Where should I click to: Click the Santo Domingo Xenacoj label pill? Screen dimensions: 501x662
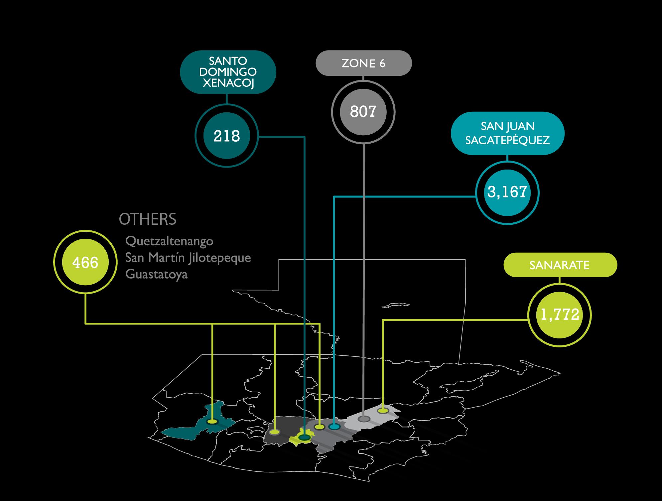coord(228,72)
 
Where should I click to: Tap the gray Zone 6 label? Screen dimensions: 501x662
coord(363,63)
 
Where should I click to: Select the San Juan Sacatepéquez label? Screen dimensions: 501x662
coord(507,133)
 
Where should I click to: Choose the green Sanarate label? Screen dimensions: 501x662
coord(560,265)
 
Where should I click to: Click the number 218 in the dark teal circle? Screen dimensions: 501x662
coord(227,136)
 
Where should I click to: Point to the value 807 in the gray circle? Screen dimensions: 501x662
coord(363,112)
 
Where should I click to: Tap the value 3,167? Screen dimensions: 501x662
coord(507,192)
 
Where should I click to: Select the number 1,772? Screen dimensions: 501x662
coord(560,314)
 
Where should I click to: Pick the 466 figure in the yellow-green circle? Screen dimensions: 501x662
coord(85,263)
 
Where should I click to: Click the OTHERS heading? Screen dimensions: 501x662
coord(148,219)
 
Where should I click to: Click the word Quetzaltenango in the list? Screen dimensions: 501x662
coord(169,241)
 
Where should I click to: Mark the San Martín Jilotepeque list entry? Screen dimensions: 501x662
coord(188,258)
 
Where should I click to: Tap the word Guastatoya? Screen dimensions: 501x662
coord(157,275)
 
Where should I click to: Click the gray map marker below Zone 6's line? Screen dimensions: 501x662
coord(364,419)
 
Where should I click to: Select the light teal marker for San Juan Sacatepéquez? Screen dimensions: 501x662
coord(334,427)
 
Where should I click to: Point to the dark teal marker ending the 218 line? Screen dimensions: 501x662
coord(304,438)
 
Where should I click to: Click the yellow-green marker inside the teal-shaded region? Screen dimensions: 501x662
coord(212,422)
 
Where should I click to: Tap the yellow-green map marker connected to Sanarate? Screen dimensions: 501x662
coord(383,411)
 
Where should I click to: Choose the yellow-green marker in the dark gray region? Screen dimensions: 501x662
coord(275,432)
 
